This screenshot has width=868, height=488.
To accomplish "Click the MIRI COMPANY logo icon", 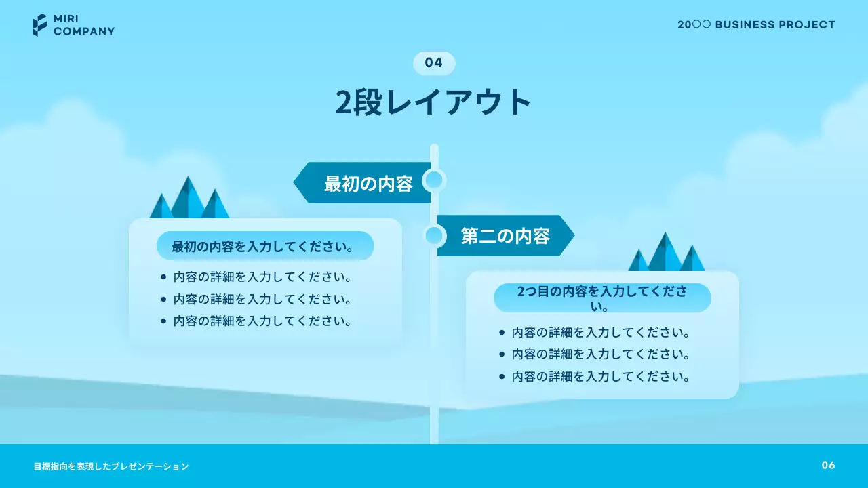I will point(40,24).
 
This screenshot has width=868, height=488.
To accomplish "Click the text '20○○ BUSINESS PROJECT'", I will point(756,24).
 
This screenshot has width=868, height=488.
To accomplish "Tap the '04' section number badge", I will point(434,63).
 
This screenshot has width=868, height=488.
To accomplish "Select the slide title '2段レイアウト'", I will point(434,102).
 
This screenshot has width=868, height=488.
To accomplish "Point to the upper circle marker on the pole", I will point(433,180).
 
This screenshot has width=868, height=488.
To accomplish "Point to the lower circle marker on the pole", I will point(434,236).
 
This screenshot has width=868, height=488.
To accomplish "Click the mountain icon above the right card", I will point(666,253).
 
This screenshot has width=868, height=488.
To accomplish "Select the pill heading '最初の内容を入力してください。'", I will point(265,246).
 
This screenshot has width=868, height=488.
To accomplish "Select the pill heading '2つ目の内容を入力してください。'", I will point(601,298).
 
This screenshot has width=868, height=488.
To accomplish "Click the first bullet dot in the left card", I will point(163,277).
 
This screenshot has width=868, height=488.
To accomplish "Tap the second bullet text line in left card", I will point(262,299).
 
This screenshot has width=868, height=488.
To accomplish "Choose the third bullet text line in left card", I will point(262,321).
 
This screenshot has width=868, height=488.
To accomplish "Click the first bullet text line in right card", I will point(600,333).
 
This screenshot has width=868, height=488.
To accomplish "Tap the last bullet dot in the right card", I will point(502,376).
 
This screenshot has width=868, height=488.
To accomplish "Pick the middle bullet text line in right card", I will point(600,354).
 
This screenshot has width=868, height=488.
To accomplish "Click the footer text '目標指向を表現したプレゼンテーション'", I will point(111,466).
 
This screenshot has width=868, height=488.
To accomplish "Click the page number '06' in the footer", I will point(828,465).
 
